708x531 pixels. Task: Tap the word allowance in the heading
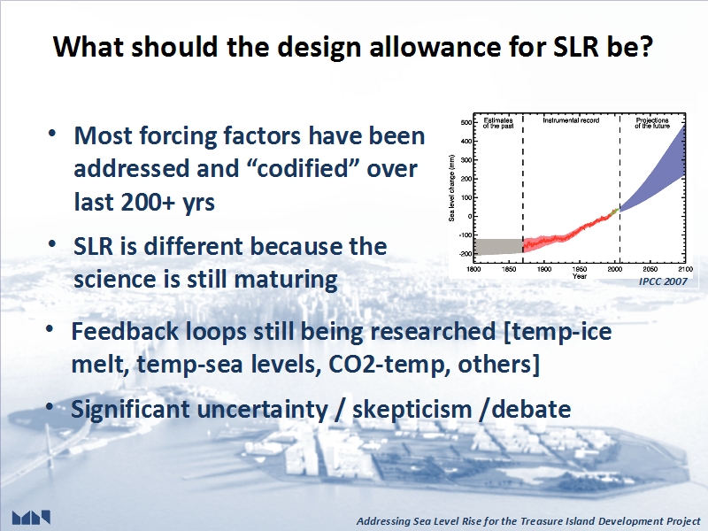tap(435, 47)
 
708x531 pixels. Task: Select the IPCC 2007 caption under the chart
tap(663, 281)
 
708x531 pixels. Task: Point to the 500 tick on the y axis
tap(466, 122)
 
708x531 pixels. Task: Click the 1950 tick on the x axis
tap(580, 269)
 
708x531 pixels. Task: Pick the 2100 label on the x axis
tap(685, 269)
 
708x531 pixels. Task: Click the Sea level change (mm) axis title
tap(451, 188)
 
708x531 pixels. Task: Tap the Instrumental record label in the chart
tap(571, 120)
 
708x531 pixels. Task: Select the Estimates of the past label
tap(498, 123)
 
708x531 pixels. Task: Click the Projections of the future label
tap(652, 123)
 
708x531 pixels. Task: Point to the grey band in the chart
tap(498, 247)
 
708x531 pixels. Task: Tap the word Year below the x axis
tap(580, 276)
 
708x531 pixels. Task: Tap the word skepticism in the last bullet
tap(412, 410)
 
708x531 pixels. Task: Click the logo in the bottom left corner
tap(31, 518)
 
